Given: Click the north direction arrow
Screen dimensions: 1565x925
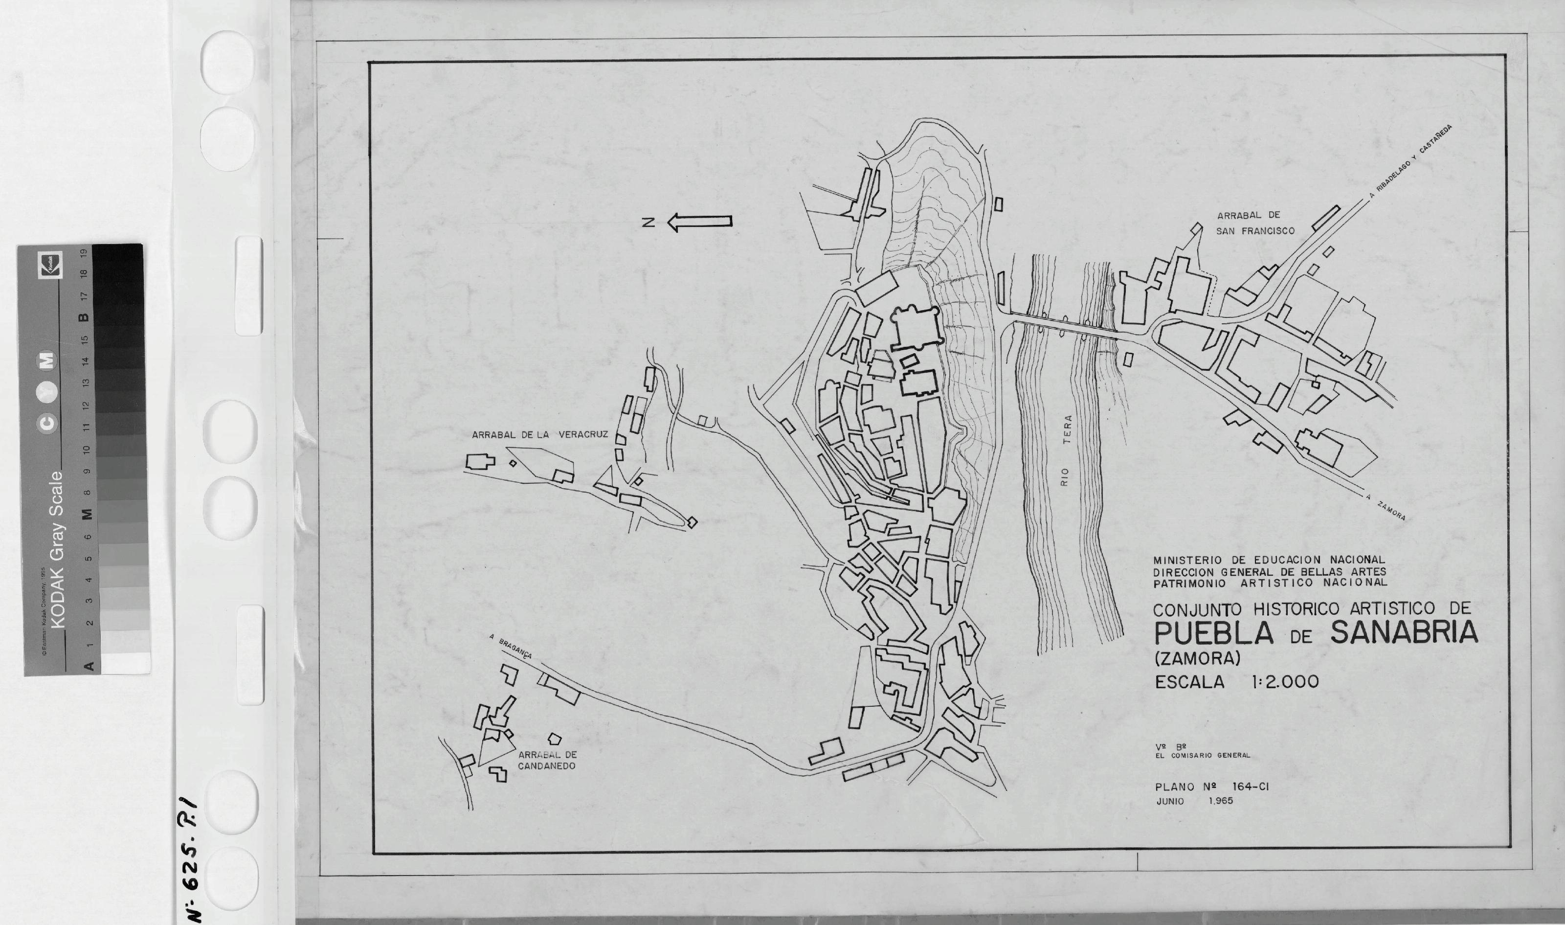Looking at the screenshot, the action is point(700,222).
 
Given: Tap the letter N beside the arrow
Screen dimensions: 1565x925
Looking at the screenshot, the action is point(648,223).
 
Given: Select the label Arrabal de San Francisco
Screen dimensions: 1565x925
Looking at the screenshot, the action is point(1255,223).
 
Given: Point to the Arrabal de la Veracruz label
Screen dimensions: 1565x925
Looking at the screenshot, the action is point(539,435).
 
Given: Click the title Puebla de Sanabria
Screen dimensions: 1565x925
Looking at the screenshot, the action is point(1316,633).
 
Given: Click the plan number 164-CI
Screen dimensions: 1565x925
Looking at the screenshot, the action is point(1251,787).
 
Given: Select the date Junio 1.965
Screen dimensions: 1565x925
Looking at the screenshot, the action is point(1194,801).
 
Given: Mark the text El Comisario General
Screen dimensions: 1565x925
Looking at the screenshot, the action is point(1203,755).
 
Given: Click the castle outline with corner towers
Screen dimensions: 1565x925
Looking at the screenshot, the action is point(915,328).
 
